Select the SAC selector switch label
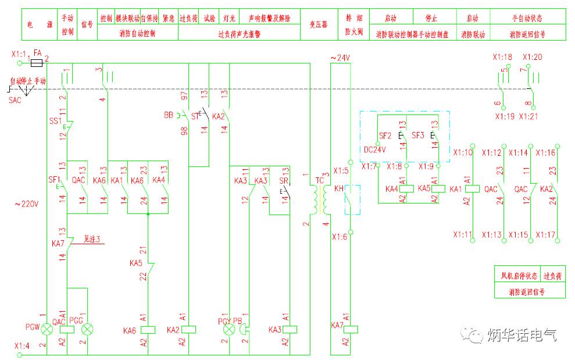pos(14,100)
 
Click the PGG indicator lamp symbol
pos(88,330)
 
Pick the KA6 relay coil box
pos(148,330)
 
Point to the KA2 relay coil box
pos(189,330)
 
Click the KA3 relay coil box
pos(290,330)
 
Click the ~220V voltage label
pos(27,204)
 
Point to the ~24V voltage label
pos(340,58)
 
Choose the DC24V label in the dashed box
pos(375,149)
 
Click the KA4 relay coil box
pos(407,188)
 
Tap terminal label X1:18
pos(502,57)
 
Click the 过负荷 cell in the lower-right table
pos(553,276)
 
